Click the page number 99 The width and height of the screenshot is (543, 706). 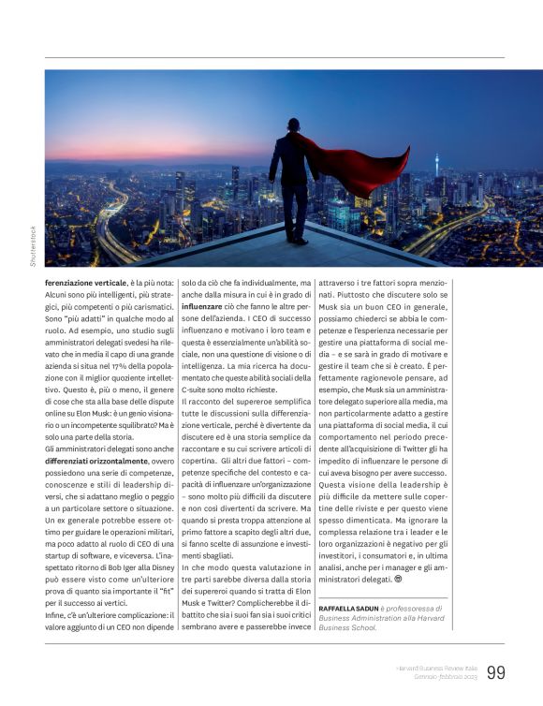coord(496,671)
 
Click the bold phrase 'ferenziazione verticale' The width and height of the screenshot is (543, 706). coord(84,281)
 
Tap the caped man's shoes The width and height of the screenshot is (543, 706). coord(296,241)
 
